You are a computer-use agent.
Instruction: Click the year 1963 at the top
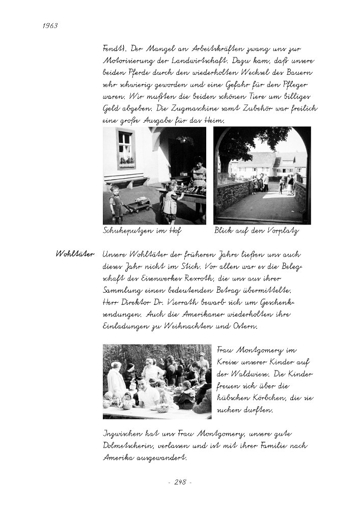click(x=46, y=26)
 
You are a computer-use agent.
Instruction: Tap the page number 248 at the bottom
click(x=180, y=482)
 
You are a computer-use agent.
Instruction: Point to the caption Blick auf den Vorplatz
click(x=256, y=231)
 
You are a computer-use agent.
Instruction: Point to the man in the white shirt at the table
click(x=148, y=394)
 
